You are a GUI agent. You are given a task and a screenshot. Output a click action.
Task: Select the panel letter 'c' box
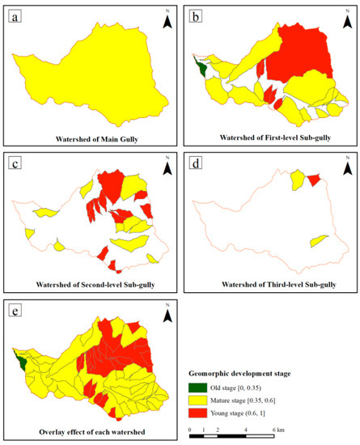point(15,163)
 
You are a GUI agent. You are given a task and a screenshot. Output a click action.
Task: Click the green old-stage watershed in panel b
point(199,66)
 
